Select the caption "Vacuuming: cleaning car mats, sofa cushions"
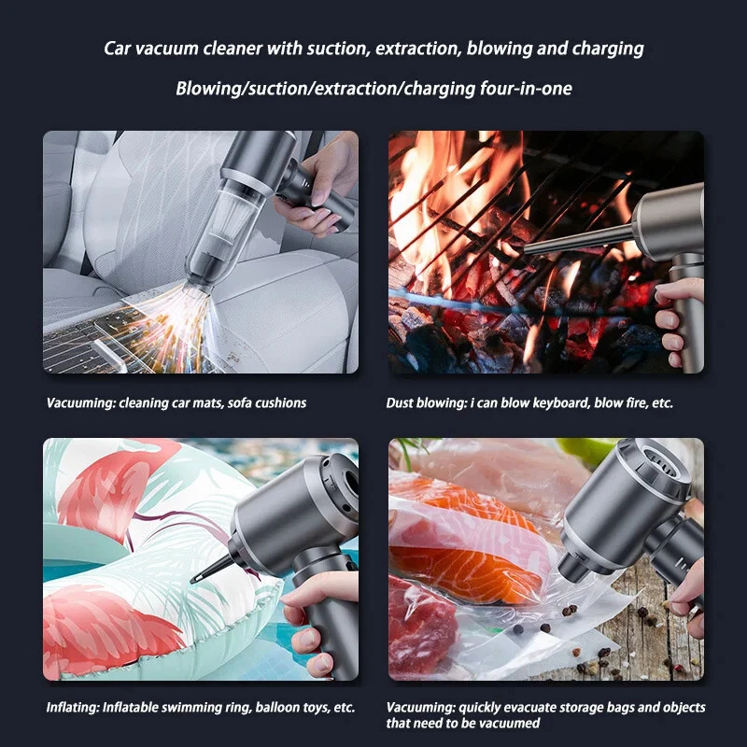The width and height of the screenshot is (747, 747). (176, 403)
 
